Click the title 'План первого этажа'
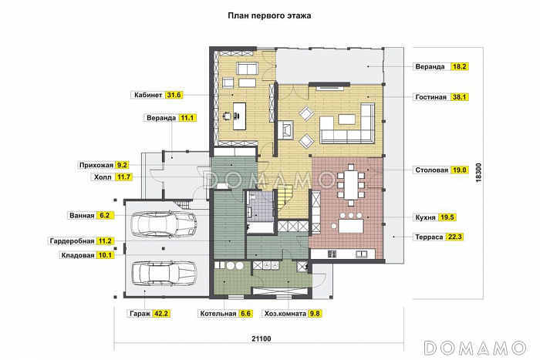point(269,16)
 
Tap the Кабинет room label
point(148,95)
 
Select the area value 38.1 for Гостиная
point(460,97)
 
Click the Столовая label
point(431,170)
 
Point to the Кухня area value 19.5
point(447,217)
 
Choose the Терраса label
point(429,237)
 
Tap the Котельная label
point(218,314)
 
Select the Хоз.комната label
point(285,314)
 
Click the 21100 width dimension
point(261,338)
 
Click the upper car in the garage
point(164,224)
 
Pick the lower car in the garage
point(164,274)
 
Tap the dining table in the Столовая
point(350,185)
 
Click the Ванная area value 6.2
point(104,215)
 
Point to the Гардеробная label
point(72,241)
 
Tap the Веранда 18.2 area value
point(460,66)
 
